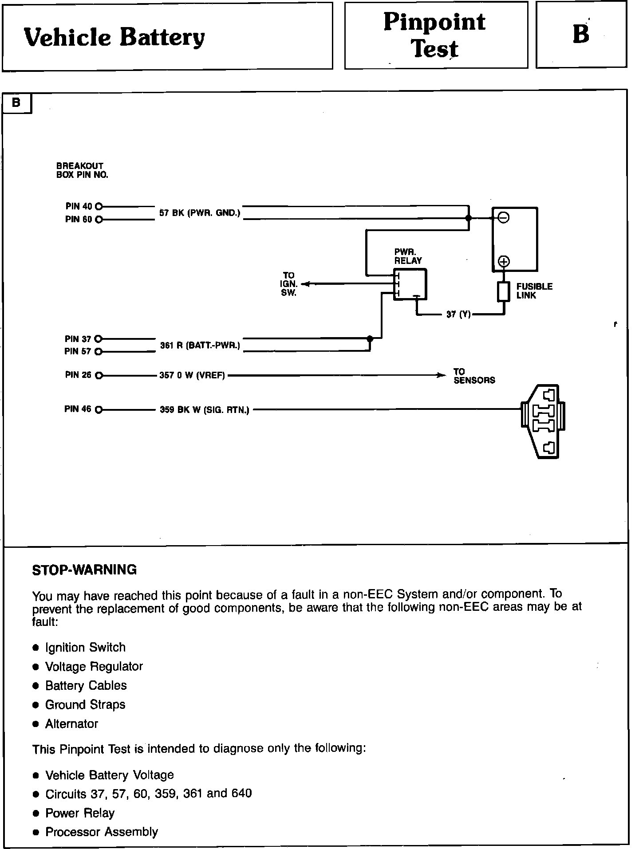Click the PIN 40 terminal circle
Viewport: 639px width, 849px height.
(x=99, y=206)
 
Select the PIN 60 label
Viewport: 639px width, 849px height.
(x=79, y=219)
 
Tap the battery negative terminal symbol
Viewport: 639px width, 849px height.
(x=504, y=217)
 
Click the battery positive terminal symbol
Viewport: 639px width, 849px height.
(x=504, y=261)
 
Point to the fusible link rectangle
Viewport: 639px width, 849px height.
(x=503, y=291)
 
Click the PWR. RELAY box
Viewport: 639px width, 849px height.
(x=410, y=284)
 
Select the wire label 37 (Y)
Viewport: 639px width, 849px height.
(x=458, y=314)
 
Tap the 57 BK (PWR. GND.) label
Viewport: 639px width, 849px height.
(x=200, y=213)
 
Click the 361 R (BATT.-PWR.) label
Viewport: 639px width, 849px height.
(x=200, y=345)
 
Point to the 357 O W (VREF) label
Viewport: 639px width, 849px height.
(x=192, y=376)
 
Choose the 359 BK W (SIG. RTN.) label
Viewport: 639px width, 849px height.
(x=204, y=410)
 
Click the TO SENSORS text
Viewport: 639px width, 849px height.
(x=474, y=376)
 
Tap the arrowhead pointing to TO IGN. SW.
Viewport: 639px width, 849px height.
(x=305, y=284)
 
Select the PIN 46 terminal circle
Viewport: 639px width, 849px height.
(x=99, y=409)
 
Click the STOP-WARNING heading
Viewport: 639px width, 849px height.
(x=84, y=570)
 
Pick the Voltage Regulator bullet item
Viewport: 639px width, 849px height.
(x=94, y=667)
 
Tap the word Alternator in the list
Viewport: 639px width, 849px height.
(x=71, y=724)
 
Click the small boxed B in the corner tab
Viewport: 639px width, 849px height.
(x=16, y=103)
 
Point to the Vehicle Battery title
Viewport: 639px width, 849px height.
(x=114, y=37)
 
